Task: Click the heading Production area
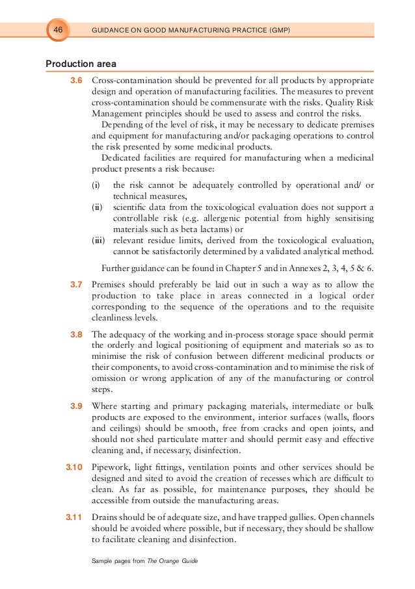[x=81, y=64]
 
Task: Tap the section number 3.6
[x=76, y=81]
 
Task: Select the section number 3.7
[x=76, y=284]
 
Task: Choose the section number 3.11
[x=74, y=517]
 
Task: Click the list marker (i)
[x=96, y=186]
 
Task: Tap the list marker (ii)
[x=96, y=207]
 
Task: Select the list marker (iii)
[x=98, y=239]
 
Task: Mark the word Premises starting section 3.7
[x=111, y=284]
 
